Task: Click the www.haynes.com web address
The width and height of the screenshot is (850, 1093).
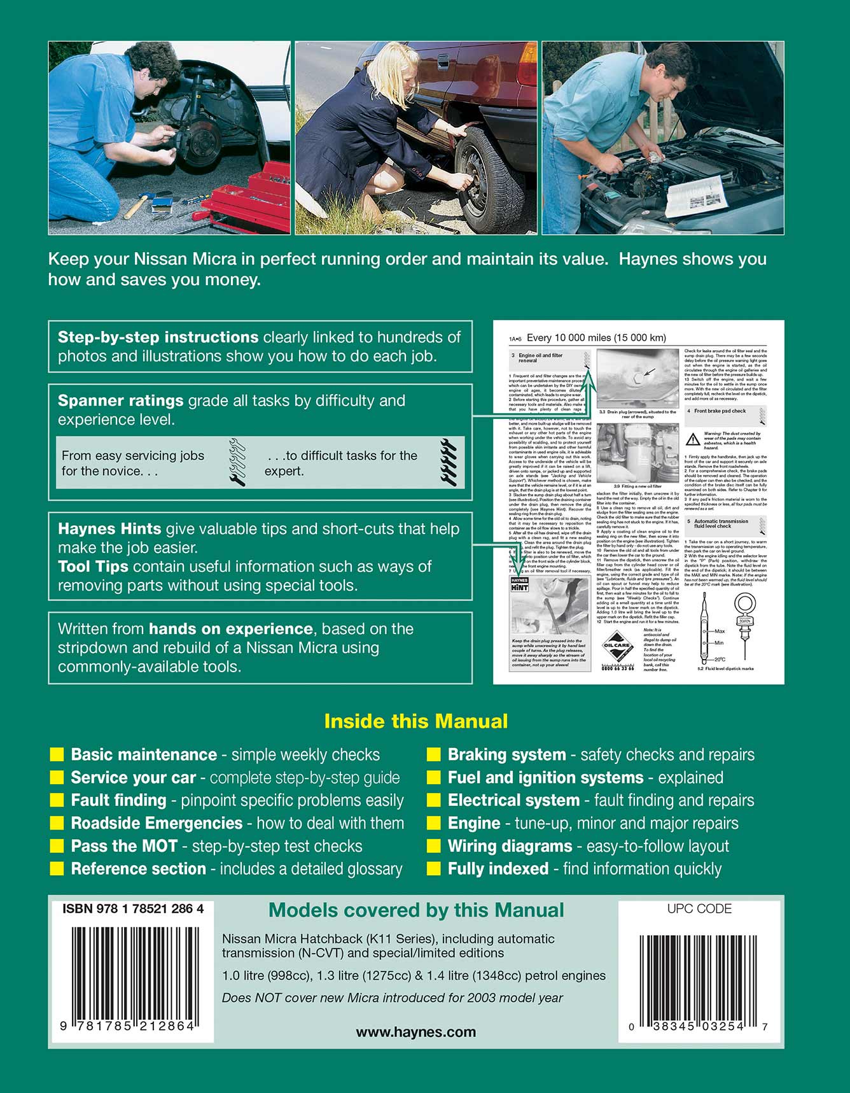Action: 415,1032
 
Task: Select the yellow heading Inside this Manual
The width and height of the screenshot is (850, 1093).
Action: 416,721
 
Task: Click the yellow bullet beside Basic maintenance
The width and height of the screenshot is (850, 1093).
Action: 57,755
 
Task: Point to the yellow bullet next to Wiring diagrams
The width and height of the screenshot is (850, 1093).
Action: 434,846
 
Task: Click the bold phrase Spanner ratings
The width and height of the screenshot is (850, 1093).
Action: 121,400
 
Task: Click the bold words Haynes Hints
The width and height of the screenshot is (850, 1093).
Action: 109,528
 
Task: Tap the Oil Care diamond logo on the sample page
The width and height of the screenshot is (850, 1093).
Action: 617,645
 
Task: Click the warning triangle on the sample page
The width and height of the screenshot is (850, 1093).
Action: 693,439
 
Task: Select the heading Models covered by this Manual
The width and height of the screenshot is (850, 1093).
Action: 416,910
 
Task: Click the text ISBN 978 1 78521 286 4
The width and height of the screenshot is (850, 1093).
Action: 133,909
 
